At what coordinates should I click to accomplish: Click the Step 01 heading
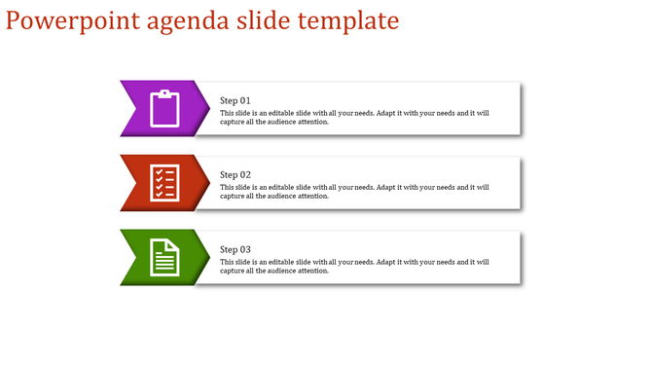point(235,100)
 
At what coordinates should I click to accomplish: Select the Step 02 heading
point(235,175)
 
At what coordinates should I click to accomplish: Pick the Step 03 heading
point(235,249)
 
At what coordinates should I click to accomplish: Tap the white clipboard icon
point(165,108)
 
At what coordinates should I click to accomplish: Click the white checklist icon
point(164,182)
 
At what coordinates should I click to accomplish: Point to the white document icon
point(165,257)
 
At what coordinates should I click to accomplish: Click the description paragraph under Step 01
point(354,118)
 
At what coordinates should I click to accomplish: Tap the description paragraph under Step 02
point(354,192)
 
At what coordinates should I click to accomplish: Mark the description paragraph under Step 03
point(354,266)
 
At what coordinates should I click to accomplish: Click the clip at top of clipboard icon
point(165,93)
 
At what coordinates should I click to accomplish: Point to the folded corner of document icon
point(175,243)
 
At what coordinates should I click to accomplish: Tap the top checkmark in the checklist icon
point(158,171)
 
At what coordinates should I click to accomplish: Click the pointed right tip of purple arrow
point(208,108)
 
